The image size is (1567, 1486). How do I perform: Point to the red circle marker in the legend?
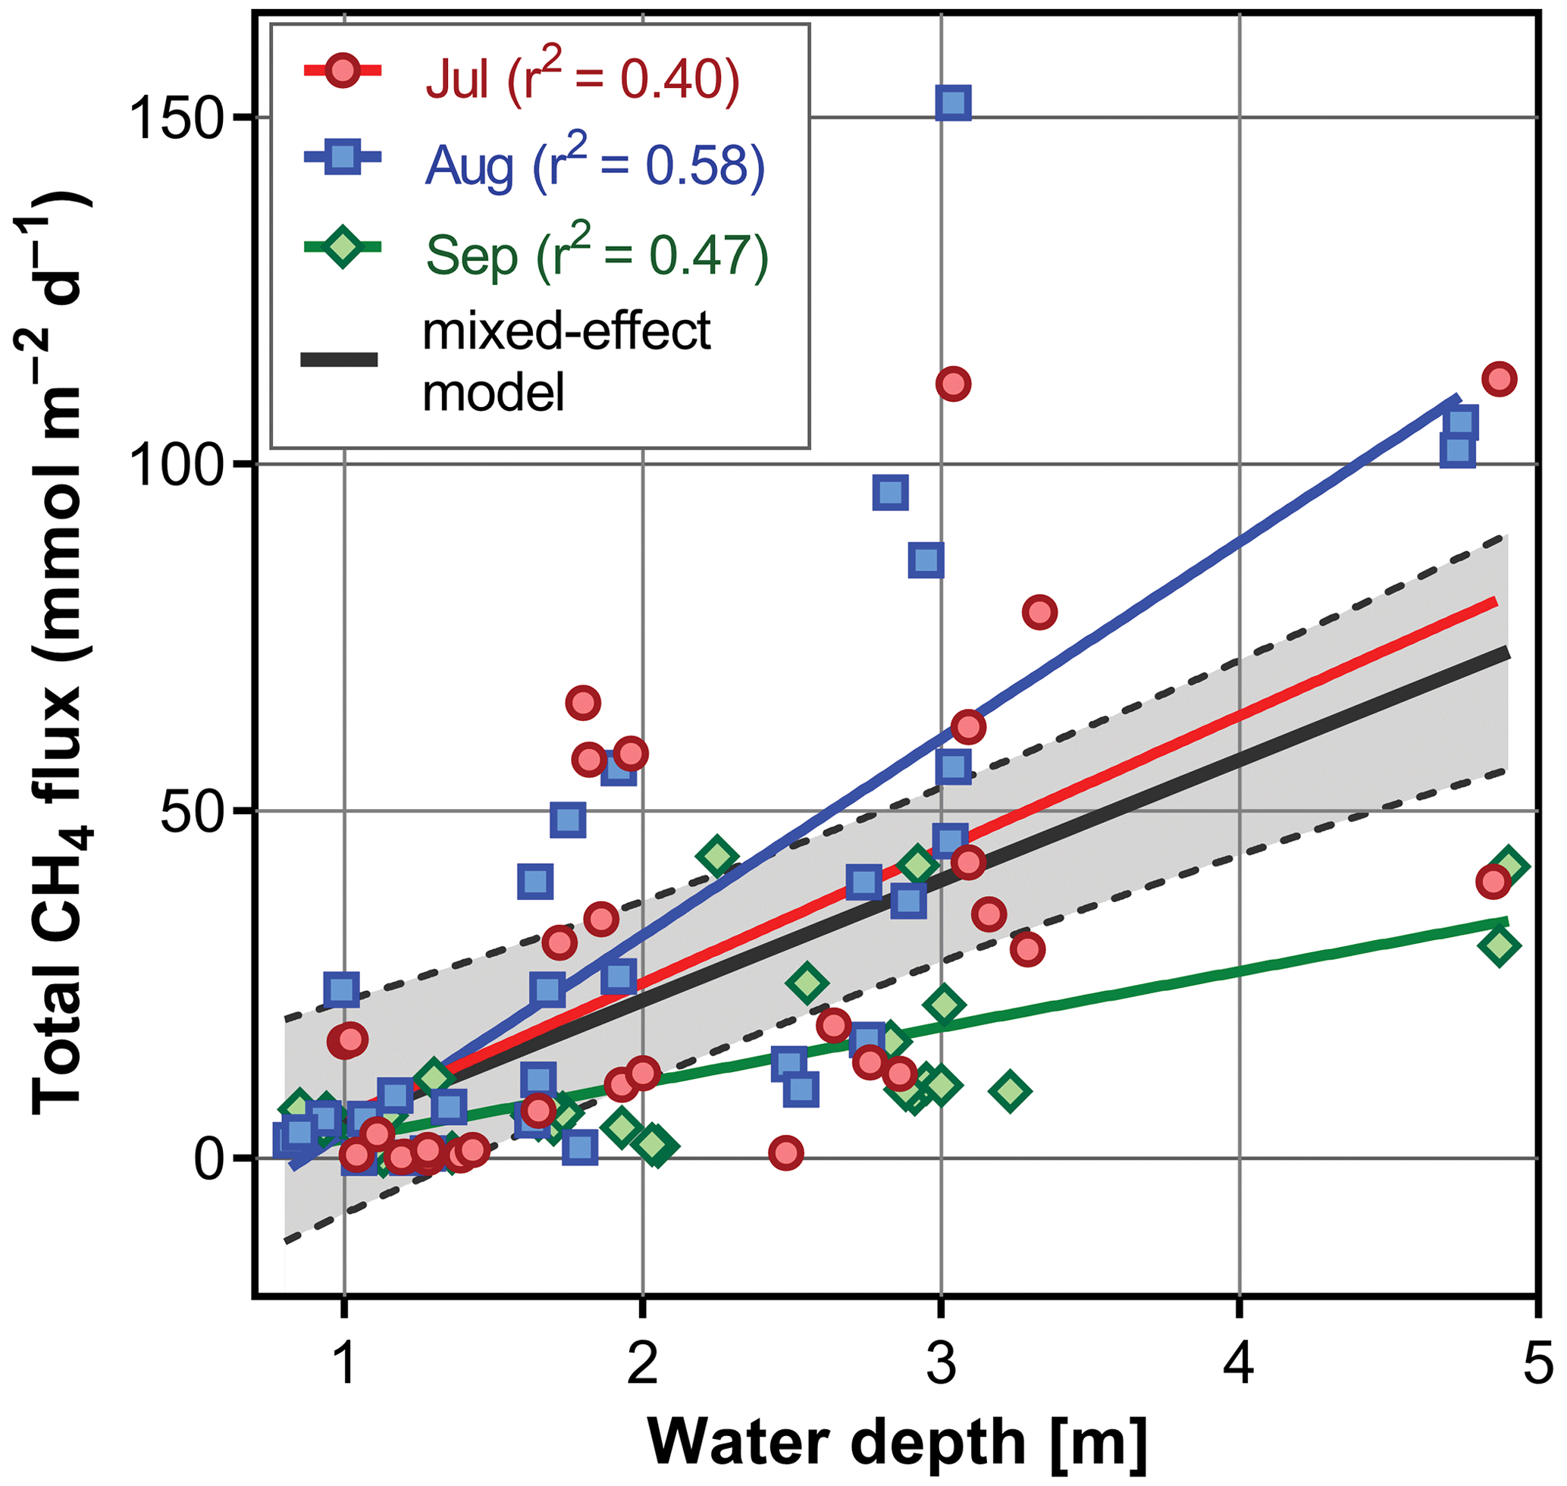point(342,72)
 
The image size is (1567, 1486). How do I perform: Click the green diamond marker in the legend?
point(342,247)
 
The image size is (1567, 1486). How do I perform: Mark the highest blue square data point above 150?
point(953,103)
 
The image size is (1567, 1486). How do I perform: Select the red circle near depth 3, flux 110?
point(953,384)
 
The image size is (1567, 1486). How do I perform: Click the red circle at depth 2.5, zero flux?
point(786,1152)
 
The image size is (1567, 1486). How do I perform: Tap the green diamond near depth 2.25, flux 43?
point(718,856)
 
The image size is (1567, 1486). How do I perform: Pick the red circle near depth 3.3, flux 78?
point(1039,613)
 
